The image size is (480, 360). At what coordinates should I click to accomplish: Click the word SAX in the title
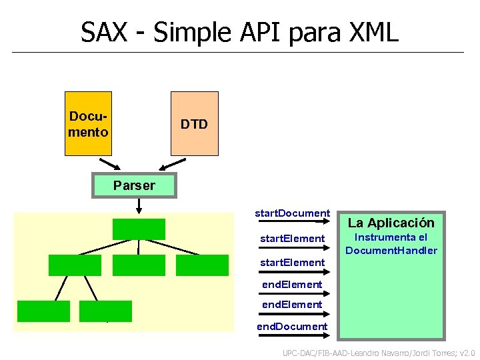[105, 31]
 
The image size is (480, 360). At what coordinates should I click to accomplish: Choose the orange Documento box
[88, 123]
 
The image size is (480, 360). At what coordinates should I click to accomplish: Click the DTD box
[194, 123]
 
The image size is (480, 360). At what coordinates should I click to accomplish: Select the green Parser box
[134, 185]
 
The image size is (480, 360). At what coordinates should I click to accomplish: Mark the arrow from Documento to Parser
[108, 165]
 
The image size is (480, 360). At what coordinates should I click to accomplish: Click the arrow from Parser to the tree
[138, 207]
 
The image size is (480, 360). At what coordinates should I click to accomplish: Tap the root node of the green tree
[138, 229]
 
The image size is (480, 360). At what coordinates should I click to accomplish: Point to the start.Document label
[292, 213]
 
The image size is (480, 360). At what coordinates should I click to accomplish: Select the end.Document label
[292, 326]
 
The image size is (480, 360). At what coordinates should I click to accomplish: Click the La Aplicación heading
[391, 223]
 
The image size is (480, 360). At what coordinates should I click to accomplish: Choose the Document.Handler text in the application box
[391, 251]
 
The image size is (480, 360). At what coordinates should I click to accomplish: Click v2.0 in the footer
[467, 353]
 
